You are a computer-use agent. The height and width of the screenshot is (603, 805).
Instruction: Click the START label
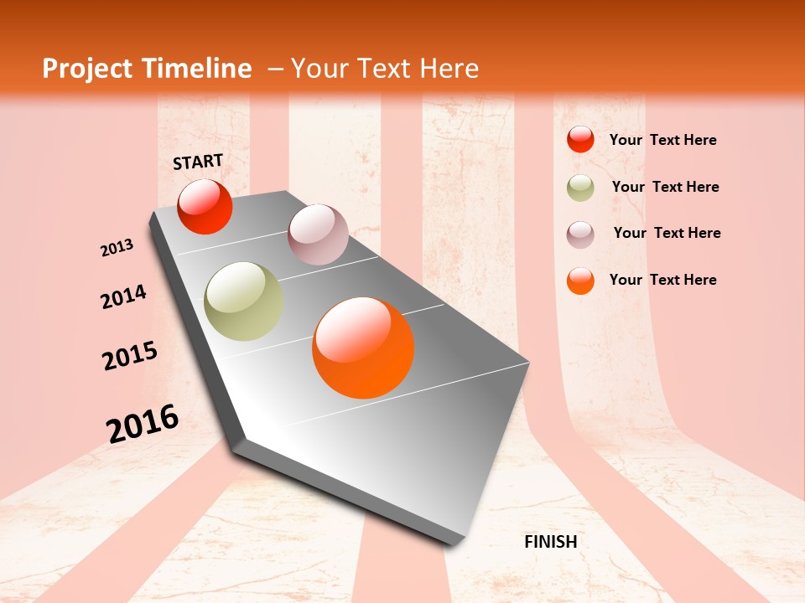coord(198,162)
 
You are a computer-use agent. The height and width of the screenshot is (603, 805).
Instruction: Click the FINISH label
coord(550,542)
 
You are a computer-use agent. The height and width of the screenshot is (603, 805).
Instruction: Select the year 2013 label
coord(117,248)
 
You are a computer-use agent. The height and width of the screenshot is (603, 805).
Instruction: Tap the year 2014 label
coord(123,296)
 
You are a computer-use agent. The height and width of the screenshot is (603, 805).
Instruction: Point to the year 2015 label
coord(130,355)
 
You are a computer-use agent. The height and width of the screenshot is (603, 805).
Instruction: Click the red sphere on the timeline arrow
coord(205,207)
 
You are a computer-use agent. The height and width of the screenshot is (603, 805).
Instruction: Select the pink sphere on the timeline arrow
coord(318,234)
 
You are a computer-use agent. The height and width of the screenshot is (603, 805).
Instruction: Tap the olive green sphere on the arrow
coord(244,301)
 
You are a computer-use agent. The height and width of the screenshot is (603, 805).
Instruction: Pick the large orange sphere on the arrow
coord(363,348)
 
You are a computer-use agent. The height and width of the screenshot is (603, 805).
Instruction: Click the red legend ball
coord(580,140)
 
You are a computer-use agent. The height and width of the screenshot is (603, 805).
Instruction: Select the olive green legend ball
coord(580,188)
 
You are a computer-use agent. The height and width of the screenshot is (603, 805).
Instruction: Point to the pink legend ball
coord(580,234)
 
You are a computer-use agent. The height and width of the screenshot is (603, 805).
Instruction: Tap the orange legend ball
coord(580,281)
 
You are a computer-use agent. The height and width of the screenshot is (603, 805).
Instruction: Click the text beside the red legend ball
coord(662,140)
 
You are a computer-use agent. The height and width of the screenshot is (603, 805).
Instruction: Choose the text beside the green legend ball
coord(665,187)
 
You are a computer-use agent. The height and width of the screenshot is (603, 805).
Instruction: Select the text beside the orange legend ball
coord(662,280)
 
